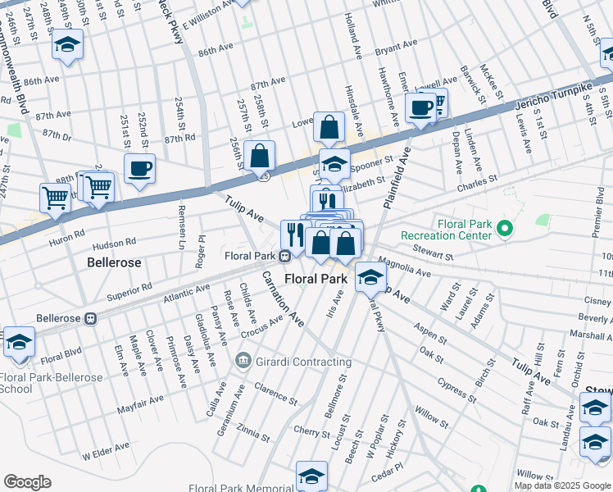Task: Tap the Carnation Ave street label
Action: pos(283,298)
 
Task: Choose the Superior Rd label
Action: pos(129,288)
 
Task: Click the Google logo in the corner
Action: pos(27,482)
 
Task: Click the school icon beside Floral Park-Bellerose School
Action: pos(19,343)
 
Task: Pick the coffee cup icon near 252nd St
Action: pos(138,170)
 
